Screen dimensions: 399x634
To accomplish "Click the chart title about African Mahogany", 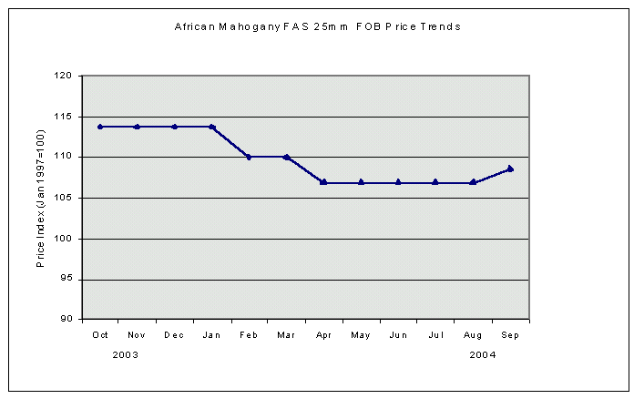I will [317, 26].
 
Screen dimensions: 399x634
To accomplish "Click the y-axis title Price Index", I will [41, 198].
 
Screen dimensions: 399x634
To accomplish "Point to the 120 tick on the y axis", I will [64, 77].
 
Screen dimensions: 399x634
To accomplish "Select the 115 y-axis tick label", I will [64, 117].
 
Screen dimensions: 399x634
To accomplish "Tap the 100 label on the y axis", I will [64, 239].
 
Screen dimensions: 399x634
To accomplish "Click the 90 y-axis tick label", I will [66, 320].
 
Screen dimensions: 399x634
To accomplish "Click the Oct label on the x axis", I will [100, 334].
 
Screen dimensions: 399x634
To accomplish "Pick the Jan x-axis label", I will [211, 334].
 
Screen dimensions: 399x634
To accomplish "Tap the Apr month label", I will [323, 334].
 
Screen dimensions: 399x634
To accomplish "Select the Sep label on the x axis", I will [510, 334].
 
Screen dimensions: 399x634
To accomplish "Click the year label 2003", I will [126, 354].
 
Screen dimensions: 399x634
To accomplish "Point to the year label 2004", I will [483, 354].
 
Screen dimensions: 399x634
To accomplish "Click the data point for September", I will [510, 169].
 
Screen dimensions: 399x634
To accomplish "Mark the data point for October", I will [100, 127].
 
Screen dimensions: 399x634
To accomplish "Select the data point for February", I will [249, 157].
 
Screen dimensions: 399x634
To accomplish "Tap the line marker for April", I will [323, 182].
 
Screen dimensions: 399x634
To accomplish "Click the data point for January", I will [211, 127].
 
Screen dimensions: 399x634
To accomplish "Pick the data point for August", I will [473, 182].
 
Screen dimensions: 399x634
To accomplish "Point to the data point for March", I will [286, 157].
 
